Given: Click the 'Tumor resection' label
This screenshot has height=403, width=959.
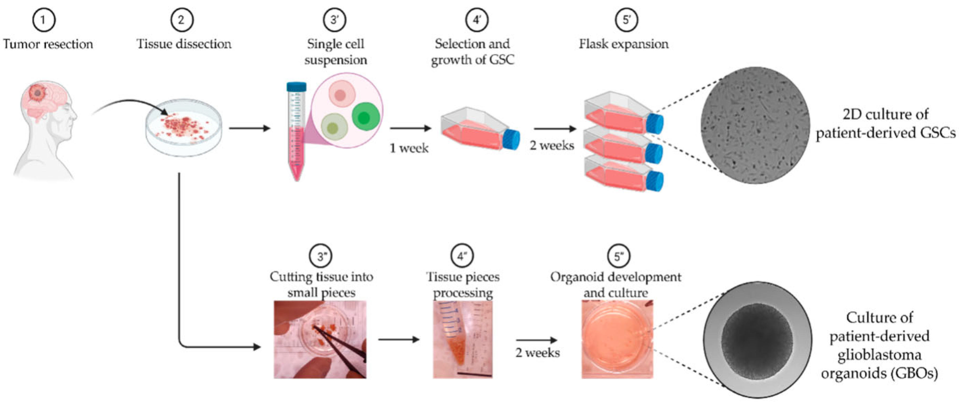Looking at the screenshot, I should pyautogui.click(x=48, y=44).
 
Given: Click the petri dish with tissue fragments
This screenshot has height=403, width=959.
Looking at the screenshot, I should pyautogui.click(x=184, y=127).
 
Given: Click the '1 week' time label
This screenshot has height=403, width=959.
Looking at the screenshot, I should pyautogui.click(x=409, y=149).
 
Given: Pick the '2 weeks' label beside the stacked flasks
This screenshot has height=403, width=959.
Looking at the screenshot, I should pyautogui.click(x=552, y=145).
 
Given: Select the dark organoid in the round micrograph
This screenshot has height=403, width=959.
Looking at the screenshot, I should pyautogui.click(x=757, y=339).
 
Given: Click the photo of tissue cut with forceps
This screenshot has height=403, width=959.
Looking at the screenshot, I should pyautogui.click(x=320, y=340).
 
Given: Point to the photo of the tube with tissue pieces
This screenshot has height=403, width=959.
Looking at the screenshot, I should pyautogui.click(x=463, y=340).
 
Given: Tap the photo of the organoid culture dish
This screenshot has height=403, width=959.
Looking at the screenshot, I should pyautogui.click(x=617, y=340).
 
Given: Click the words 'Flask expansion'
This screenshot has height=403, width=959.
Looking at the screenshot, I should pyautogui.click(x=624, y=44).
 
